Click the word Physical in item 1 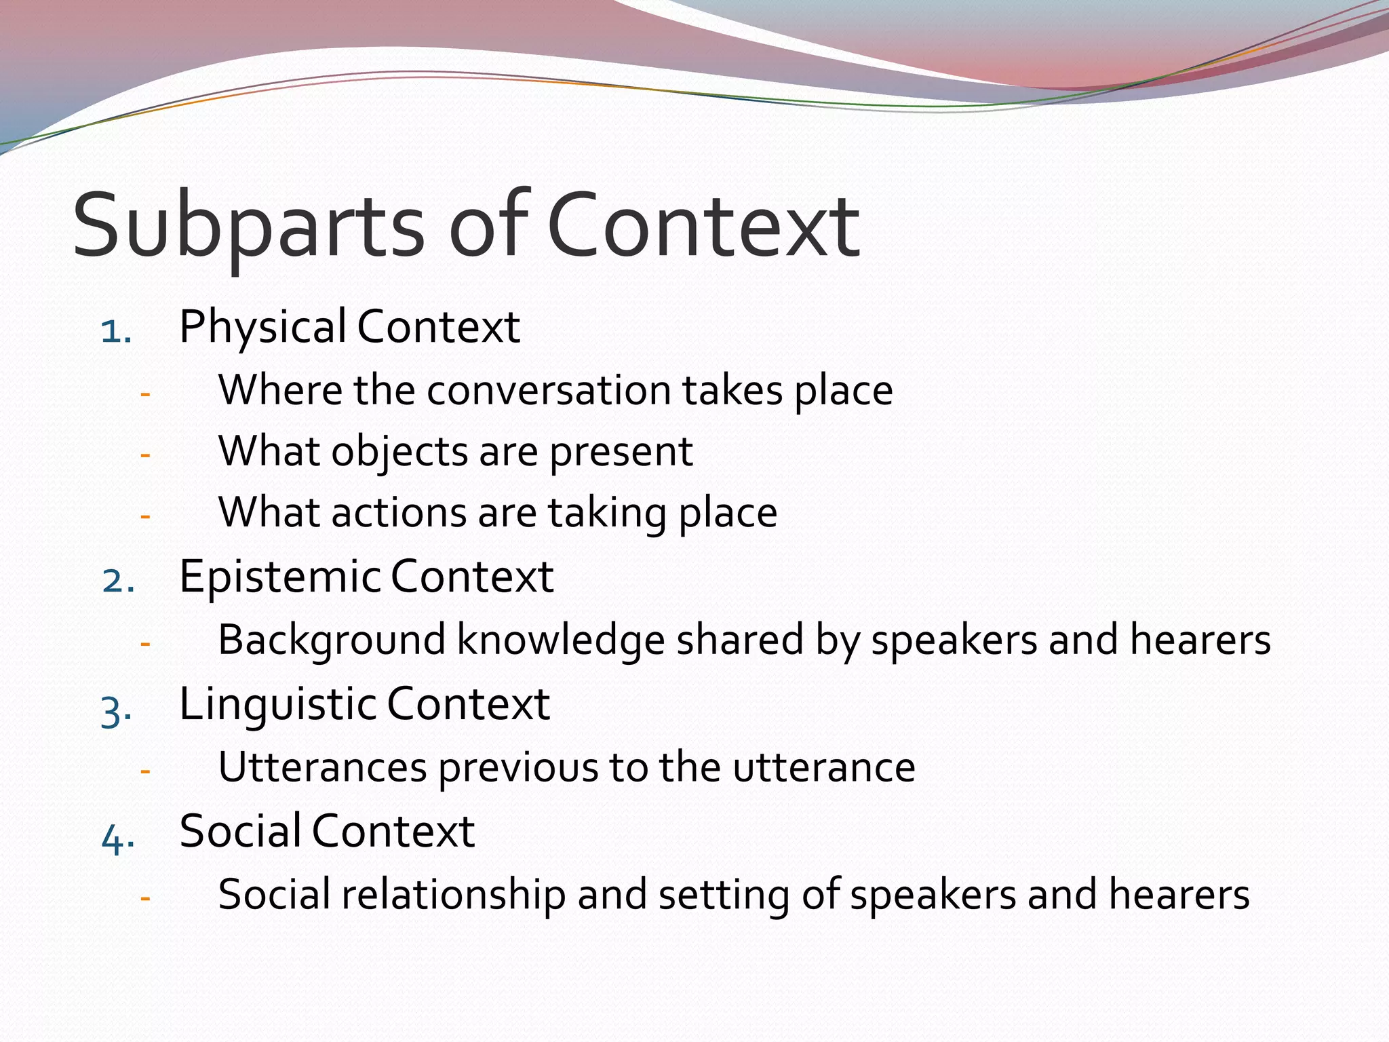click(x=263, y=328)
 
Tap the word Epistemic click(x=280, y=577)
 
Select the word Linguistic click(x=278, y=705)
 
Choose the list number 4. click(x=117, y=840)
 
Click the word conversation click(x=549, y=391)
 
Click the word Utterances click(x=322, y=768)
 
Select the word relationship click(x=453, y=895)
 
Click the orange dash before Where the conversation click(x=144, y=394)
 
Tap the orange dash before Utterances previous click(x=144, y=771)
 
